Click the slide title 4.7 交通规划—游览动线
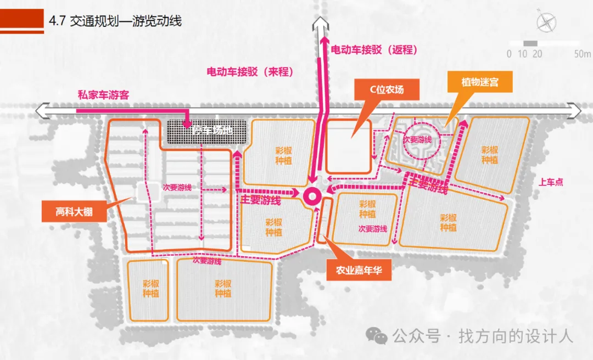pyautogui.click(x=115, y=21)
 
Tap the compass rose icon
pyautogui.click(x=546, y=23)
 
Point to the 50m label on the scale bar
pyautogui.click(x=583, y=54)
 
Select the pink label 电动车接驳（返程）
pyautogui.click(x=374, y=49)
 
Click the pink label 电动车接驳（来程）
pyautogui.click(x=250, y=71)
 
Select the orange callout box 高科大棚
pyautogui.click(x=74, y=211)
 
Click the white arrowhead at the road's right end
pyautogui.click(x=576, y=110)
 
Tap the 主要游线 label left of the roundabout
pyautogui.click(x=260, y=201)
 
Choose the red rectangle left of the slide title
pyautogui.click(x=21, y=21)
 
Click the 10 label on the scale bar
pyautogui.click(x=522, y=54)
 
